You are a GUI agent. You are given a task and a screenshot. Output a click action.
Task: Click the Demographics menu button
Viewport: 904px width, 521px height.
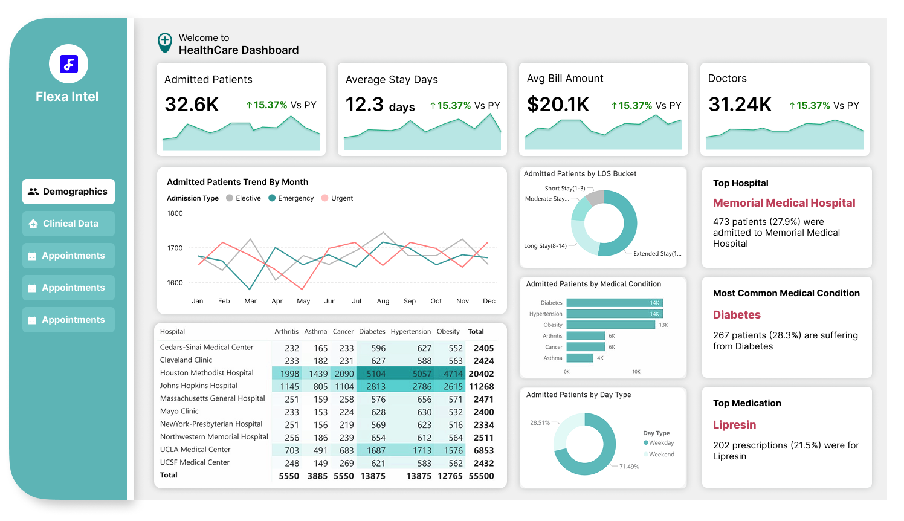[x=68, y=192]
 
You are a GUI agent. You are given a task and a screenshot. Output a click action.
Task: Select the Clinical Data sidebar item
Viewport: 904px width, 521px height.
[x=68, y=224]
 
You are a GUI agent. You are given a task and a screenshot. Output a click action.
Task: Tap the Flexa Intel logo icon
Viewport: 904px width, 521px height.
[x=68, y=64]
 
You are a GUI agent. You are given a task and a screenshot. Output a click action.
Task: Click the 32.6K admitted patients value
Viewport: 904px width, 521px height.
[x=192, y=105]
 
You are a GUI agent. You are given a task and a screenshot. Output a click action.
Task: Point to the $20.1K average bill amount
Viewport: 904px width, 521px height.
[x=558, y=105]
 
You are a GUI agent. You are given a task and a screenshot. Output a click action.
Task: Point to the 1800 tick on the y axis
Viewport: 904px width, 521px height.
[x=175, y=213]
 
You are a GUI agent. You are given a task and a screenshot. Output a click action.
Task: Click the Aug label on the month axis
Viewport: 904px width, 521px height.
[x=383, y=301]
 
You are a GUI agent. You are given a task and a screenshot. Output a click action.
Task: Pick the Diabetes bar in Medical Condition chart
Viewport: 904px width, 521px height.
[x=614, y=303]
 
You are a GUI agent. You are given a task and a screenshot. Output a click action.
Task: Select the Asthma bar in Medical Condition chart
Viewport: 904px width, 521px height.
[x=580, y=358]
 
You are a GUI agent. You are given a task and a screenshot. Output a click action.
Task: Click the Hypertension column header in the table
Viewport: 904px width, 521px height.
[x=410, y=332]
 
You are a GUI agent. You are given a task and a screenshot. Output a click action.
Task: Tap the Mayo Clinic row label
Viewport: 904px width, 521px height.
[x=179, y=412]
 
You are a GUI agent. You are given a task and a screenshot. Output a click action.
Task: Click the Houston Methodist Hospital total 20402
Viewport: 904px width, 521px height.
[x=481, y=374]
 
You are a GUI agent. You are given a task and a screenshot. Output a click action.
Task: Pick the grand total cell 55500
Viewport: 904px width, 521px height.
[x=481, y=476]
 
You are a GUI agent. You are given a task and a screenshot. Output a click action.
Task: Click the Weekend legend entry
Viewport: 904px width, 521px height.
[x=661, y=455]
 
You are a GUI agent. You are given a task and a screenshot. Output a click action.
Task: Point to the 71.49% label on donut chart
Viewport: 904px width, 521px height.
[x=629, y=467]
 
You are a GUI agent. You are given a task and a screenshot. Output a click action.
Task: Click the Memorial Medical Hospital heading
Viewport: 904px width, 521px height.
[x=784, y=203]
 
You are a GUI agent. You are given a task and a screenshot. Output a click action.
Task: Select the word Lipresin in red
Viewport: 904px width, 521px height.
[x=734, y=425]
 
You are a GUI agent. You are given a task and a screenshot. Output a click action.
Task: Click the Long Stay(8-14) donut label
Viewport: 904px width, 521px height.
[x=545, y=246]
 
